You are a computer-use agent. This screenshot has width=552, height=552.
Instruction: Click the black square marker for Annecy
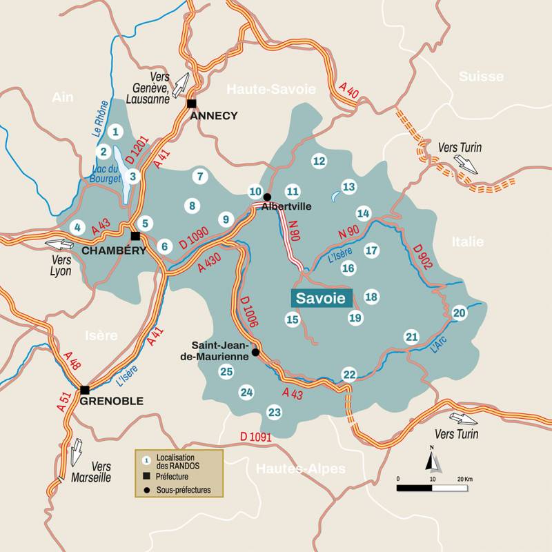click(x=192, y=103)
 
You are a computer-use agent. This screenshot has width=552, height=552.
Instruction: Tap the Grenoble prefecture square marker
click(x=85, y=390)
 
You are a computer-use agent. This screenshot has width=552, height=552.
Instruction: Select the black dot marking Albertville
click(x=267, y=197)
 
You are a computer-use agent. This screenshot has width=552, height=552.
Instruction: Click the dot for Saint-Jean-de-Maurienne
click(x=255, y=353)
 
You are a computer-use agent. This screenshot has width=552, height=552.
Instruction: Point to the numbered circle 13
click(x=349, y=187)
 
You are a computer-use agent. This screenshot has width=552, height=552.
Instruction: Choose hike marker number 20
click(x=460, y=313)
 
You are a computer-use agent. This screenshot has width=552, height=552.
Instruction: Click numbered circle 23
click(x=275, y=413)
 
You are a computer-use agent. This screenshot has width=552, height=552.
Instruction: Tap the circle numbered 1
click(x=116, y=131)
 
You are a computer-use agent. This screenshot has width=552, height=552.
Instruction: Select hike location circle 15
click(x=293, y=319)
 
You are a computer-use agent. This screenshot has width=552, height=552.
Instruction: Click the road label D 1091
click(x=256, y=437)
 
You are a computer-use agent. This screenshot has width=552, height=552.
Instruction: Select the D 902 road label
click(x=422, y=257)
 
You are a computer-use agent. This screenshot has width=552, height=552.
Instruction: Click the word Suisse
click(x=481, y=77)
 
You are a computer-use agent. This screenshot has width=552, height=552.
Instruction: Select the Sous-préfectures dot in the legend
click(x=146, y=491)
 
